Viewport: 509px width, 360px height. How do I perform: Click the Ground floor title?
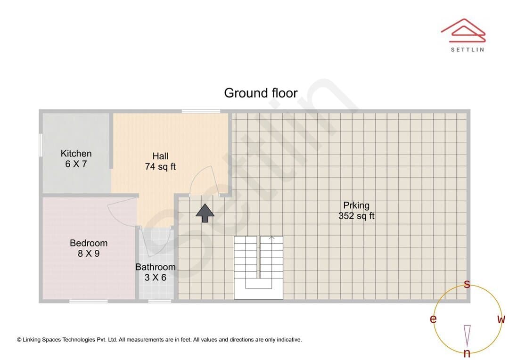(x=261, y=93)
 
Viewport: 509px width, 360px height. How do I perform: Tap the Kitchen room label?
(x=76, y=154)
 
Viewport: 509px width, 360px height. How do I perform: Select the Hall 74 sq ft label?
(x=160, y=161)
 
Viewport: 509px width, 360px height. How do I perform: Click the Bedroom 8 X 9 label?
(x=89, y=248)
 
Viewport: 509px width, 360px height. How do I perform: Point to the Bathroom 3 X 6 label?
(x=156, y=272)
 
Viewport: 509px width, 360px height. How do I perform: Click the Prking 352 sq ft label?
(x=356, y=210)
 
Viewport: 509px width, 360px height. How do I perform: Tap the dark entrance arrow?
(x=205, y=213)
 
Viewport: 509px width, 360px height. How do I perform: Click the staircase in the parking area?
(x=258, y=268)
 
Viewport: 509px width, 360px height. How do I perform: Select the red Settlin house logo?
(x=463, y=31)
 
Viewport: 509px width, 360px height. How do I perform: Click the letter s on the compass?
(x=467, y=284)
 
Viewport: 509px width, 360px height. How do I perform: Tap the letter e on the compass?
(x=433, y=319)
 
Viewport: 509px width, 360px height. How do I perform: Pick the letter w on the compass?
(x=501, y=319)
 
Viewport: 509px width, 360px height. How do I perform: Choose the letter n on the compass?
(x=467, y=352)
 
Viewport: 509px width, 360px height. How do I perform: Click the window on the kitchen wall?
(x=41, y=145)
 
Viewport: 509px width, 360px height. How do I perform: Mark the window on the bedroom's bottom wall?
(x=88, y=301)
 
